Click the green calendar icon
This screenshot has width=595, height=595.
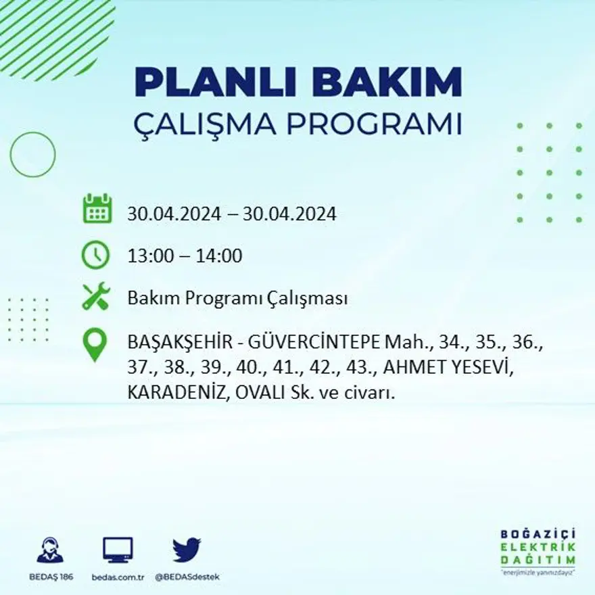[x=97, y=209]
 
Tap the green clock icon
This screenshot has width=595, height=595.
[x=96, y=255]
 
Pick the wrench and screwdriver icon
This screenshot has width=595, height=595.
[x=96, y=297]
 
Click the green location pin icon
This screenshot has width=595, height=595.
[x=95, y=344]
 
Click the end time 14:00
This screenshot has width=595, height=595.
[x=218, y=256]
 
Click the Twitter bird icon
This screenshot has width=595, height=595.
[x=186, y=550]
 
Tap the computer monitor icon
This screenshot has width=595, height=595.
[x=118, y=550]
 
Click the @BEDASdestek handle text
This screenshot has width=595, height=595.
[x=187, y=577]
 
